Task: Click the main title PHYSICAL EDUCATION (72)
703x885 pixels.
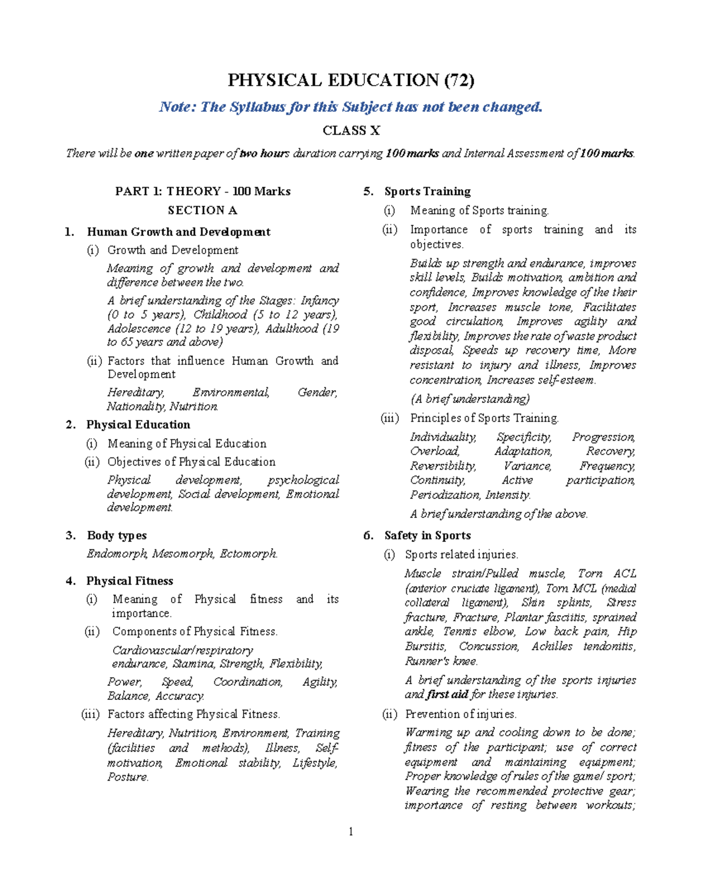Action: pos(351,80)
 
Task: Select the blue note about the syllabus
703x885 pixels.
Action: pos(351,107)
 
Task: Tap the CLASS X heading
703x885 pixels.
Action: pos(351,131)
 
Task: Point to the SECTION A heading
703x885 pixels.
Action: pos(202,210)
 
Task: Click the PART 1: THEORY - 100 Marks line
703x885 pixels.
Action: pos(203,192)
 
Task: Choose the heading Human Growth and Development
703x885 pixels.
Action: pos(179,232)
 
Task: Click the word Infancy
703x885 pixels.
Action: pos(320,300)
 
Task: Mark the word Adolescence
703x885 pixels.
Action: pos(139,329)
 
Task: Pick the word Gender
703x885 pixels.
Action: pos(318,392)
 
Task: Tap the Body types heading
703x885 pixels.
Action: pos(117,535)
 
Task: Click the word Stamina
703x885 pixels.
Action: pos(193,664)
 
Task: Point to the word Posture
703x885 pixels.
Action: pos(128,777)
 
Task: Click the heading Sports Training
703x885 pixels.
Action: pos(427,192)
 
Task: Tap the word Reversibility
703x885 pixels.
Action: pos(443,466)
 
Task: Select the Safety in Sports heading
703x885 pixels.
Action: pos(427,535)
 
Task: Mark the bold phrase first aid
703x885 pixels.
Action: pos(448,695)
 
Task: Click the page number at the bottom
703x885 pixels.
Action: pos(351,832)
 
